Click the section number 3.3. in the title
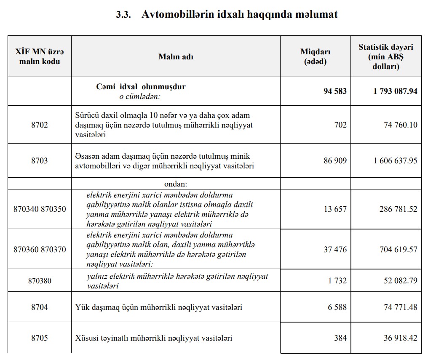coord(124,15)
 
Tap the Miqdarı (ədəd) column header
coord(315,56)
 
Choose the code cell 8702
coord(40,125)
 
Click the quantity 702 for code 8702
coord(340,125)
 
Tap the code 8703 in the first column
coord(40,160)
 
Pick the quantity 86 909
coord(335,160)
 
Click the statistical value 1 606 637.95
coord(395,160)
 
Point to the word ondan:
coord(176,184)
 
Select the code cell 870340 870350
coord(40,209)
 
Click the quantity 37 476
coord(335,250)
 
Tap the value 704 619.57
coord(398,250)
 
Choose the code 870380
coord(40,280)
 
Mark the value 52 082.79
coord(400,280)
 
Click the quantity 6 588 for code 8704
coord(337,307)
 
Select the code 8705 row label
coord(40,338)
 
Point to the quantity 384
coord(340,338)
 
